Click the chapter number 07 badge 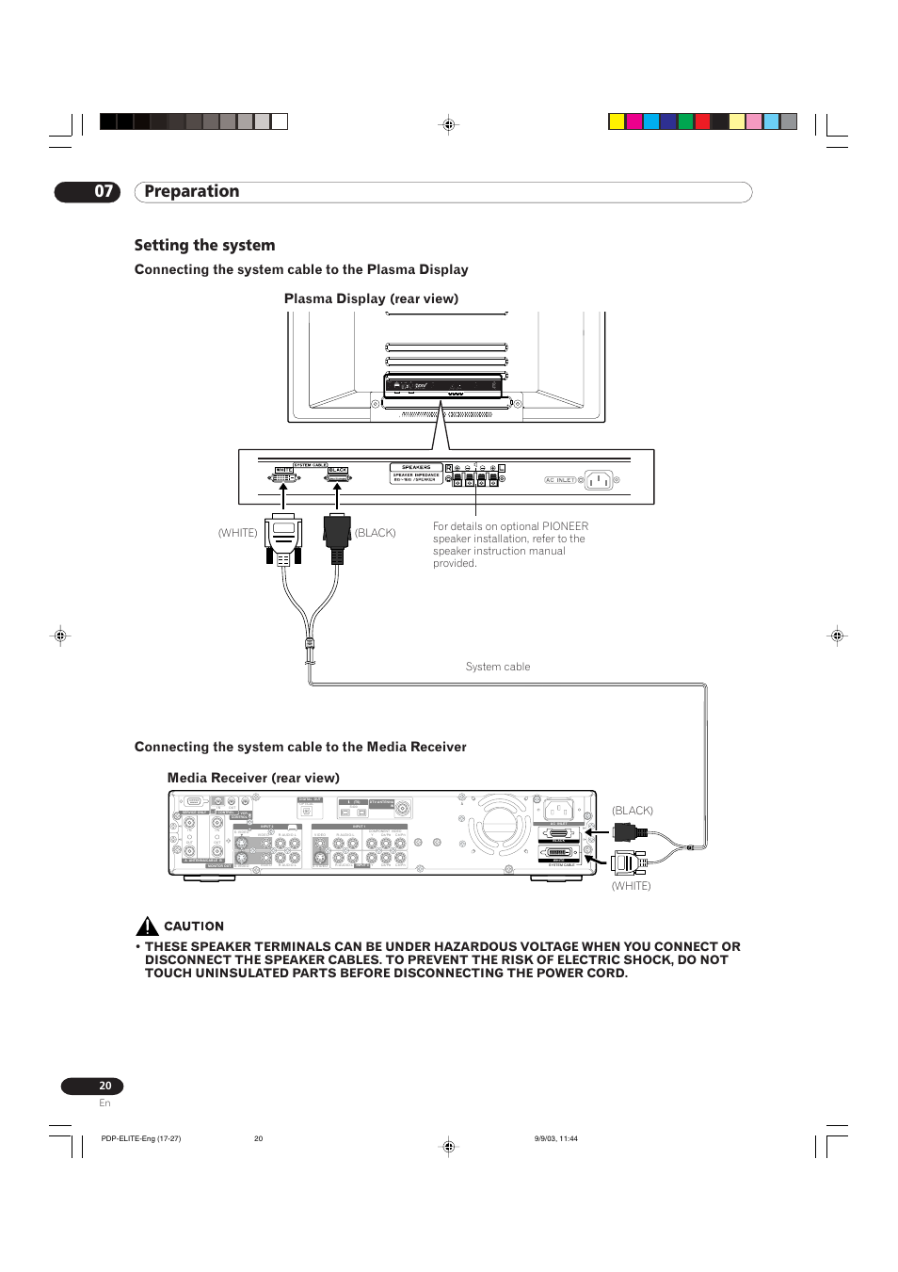(x=88, y=192)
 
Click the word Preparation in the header (x=192, y=192)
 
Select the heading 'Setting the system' (x=204, y=246)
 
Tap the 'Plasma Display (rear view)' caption (x=371, y=298)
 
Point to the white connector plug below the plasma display (x=283, y=539)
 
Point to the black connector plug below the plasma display (x=337, y=538)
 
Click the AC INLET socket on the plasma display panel (x=599, y=480)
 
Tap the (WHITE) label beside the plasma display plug (x=237, y=533)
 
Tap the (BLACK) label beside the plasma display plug (x=375, y=533)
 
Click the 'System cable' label (x=498, y=667)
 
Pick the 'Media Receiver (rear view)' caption (x=253, y=778)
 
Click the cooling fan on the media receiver (x=500, y=824)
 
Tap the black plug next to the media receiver (x=628, y=831)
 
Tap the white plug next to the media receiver (x=628, y=861)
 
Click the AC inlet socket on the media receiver (x=558, y=810)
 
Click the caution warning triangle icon (x=147, y=926)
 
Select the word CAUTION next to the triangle (x=194, y=926)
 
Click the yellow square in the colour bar (x=617, y=121)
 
